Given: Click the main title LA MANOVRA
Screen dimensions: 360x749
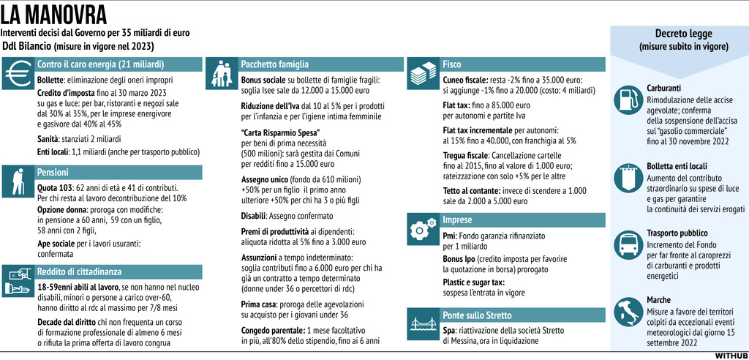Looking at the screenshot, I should pos(54,15).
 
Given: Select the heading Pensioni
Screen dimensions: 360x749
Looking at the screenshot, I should pos(53,173).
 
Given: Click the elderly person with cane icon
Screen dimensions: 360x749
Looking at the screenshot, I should pos(18,181).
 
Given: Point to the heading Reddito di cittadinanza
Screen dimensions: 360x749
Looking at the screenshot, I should pos(80,271).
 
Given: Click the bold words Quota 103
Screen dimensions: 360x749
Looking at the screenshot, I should pos(56,187).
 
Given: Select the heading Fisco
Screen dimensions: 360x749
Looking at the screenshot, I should pos(452,64).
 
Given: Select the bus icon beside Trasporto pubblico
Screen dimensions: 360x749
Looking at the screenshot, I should pos(627,244).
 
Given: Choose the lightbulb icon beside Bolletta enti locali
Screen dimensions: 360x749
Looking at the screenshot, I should pos(627,176).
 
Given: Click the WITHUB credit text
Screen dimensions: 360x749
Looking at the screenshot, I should pos(730,354).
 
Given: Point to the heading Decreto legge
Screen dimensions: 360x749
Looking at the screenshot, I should pos(684,34).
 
